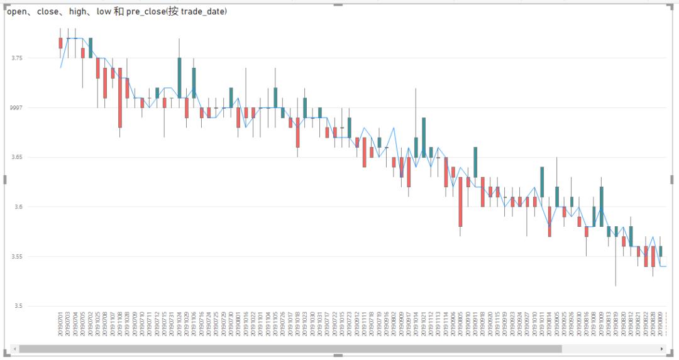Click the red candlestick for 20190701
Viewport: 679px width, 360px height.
click(x=60, y=43)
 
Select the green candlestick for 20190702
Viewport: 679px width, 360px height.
click(x=91, y=48)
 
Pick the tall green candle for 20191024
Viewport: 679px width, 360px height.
click(x=179, y=78)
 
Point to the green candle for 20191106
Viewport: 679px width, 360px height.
click(x=194, y=82)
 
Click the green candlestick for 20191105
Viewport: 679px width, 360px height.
click(x=275, y=97)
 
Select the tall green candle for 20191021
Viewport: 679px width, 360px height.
click(x=424, y=137)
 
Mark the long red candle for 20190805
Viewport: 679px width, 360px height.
click(x=460, y=201)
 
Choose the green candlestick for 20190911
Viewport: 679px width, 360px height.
click(x=475, y=162)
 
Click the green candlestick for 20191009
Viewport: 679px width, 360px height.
click(x=602, y=206)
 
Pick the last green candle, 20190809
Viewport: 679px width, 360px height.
click(x=660, y=251)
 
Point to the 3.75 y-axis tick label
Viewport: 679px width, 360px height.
click(x=17, y=58)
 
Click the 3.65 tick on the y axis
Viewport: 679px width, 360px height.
click(x=17, y=158)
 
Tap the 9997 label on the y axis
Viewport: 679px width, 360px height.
click(x=16, y=108)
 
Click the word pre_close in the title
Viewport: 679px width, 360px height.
click(x=146, y=12)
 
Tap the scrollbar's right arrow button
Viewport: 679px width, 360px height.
click(x=661, y=349)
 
